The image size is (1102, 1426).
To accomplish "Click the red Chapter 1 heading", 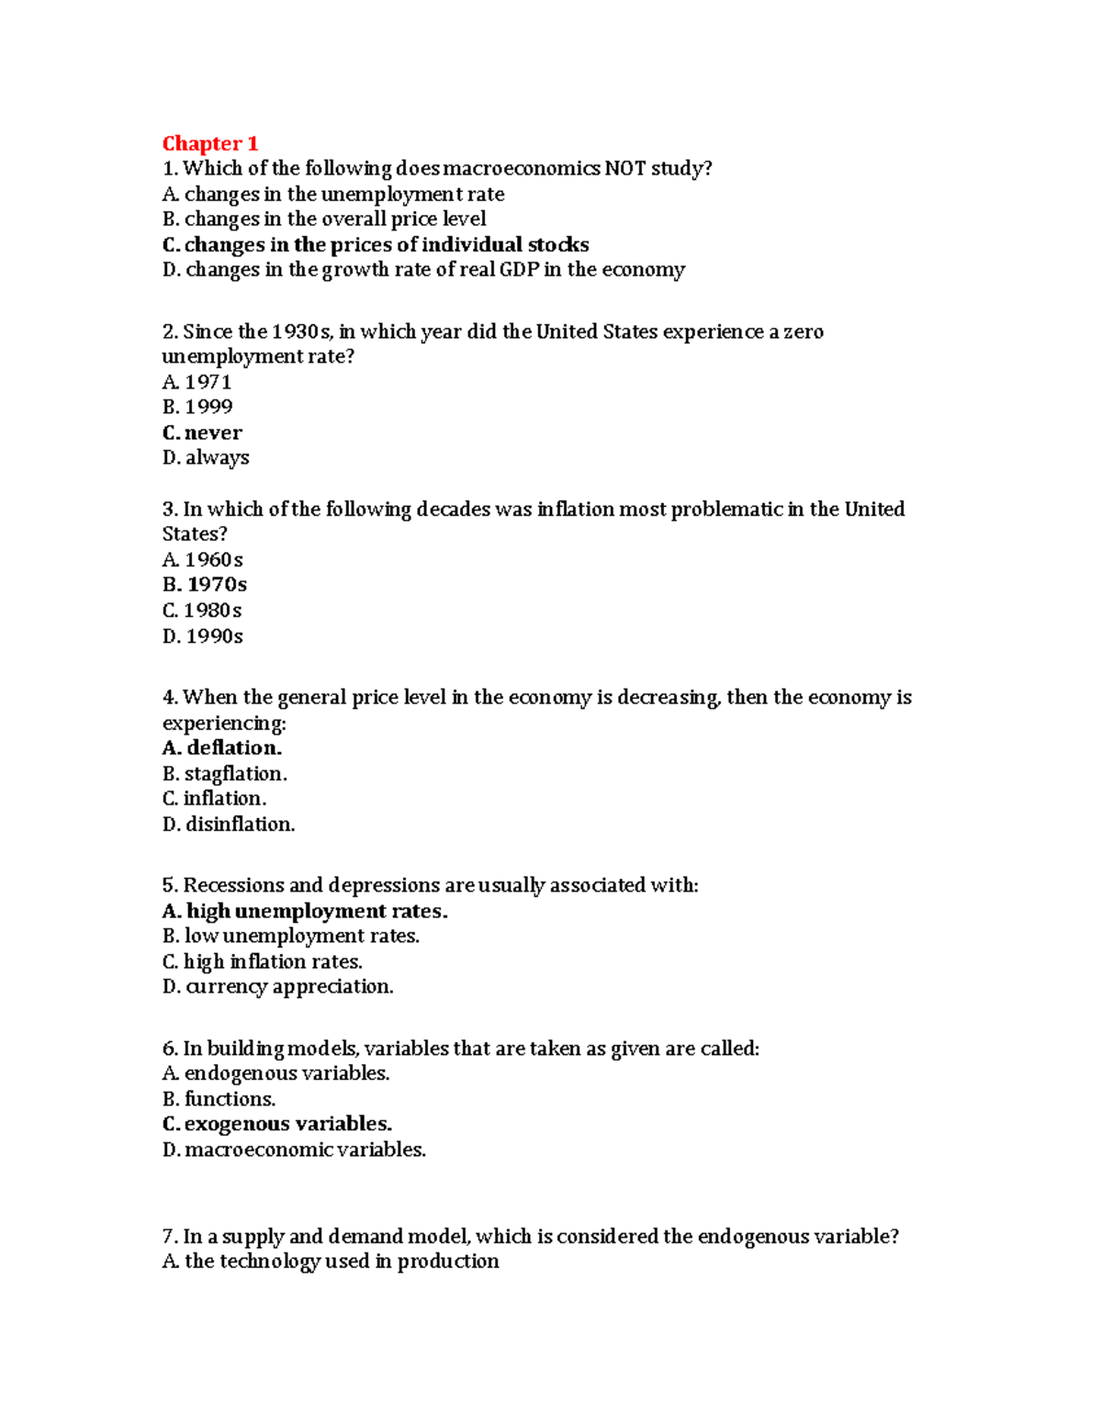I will (210, 143).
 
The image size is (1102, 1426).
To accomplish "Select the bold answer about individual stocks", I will (375, 244).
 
